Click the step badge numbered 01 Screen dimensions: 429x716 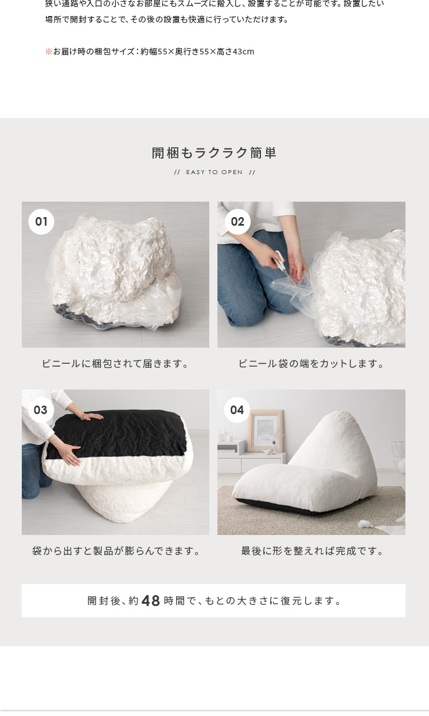click(41, 222)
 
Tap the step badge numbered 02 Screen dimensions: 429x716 click(237, 222)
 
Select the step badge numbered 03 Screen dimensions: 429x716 click(41, 410)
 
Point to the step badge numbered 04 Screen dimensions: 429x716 click(237, 410)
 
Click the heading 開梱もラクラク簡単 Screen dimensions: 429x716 click(214, 153)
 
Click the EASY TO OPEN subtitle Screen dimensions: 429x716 click(214, 172)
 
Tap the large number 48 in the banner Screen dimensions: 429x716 click(151, 601)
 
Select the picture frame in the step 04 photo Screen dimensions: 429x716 click(266, 431)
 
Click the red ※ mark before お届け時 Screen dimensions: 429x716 click(49, 52)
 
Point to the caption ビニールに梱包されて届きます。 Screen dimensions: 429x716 click(116, 364)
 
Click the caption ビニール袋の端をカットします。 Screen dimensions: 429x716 click(311, 364)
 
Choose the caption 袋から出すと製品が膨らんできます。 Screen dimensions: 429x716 click(116, 551)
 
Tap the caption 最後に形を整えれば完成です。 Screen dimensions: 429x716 click(312, 551)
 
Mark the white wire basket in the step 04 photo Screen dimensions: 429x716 click(397, 458)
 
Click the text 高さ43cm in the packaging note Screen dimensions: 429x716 click(235, 52)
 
